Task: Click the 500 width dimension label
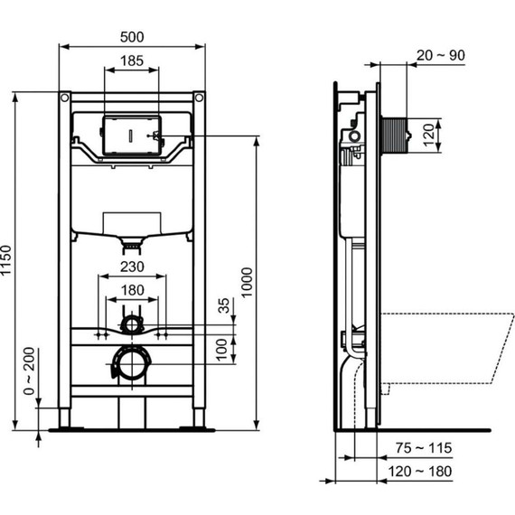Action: (x=131, y=37)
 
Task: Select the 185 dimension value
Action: (x=131, y=61)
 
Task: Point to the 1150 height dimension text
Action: (x=9, y=262)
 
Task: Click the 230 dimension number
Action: (x=131, y=266)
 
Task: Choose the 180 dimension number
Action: (x=131, y=289)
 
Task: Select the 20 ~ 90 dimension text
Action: (x=440, y=55)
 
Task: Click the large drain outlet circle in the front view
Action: (x=131, y=366)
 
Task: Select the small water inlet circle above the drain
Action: (x=132, y=323)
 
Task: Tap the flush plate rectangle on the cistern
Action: (x=131, y=136)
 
